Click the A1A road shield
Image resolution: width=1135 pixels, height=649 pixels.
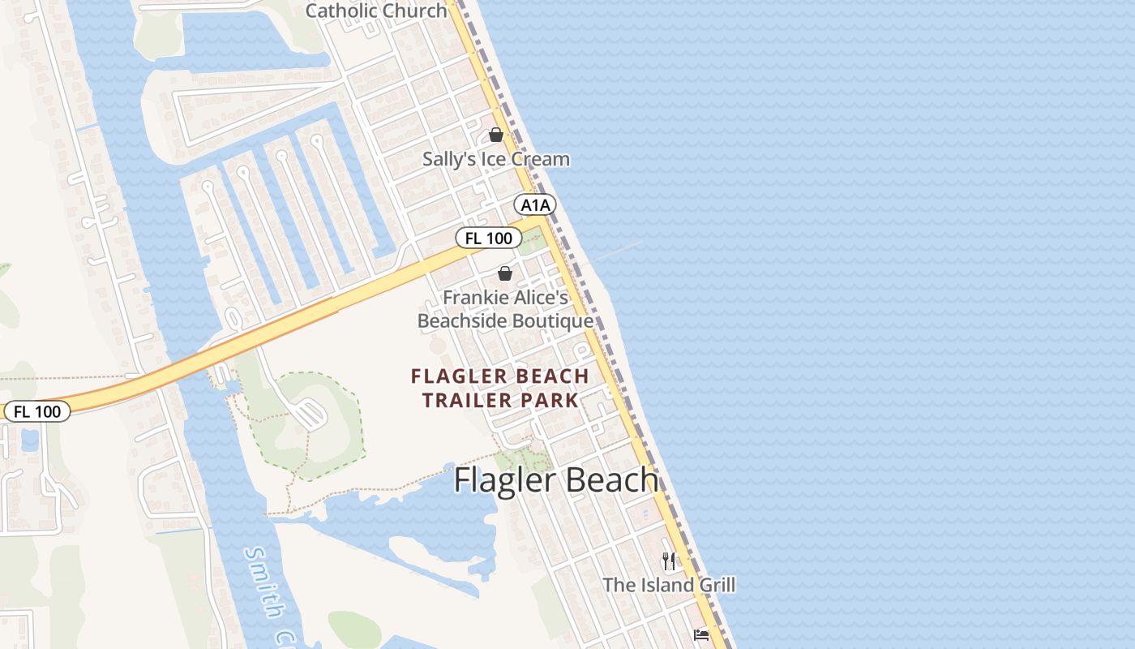point(535,205)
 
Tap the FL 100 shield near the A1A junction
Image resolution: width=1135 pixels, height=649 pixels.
point(488,238)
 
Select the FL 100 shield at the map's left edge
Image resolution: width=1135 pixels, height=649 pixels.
point(37,411)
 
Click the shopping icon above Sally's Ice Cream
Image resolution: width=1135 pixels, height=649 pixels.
point(496,135)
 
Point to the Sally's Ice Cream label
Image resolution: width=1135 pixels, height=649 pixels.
point(495,159)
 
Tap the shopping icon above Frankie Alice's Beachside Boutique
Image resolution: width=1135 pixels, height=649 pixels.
point(505,273)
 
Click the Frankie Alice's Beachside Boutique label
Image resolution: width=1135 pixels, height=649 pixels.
point(505,310)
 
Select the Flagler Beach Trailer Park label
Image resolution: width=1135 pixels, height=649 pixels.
point(499,388)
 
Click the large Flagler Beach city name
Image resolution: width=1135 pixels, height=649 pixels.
point(555,480)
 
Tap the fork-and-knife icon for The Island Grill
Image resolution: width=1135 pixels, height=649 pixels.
point(669,560)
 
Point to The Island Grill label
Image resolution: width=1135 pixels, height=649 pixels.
point(669,585)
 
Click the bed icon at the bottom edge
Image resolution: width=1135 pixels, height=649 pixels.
point(701,634)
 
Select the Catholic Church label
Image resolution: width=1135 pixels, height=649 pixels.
point(376,11)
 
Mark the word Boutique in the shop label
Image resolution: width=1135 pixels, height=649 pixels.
point(552,321)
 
